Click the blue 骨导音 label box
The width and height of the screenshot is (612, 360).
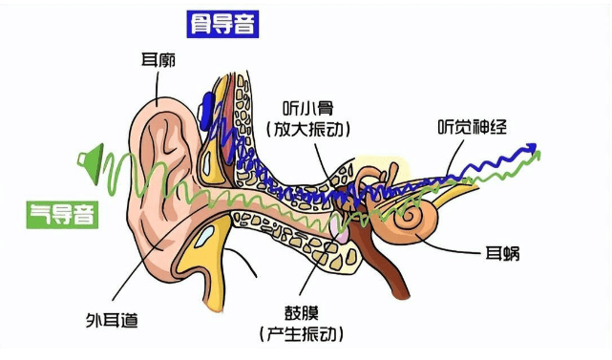tap(223, 24)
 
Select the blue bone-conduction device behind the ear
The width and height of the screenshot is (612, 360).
tap(206, 111)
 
